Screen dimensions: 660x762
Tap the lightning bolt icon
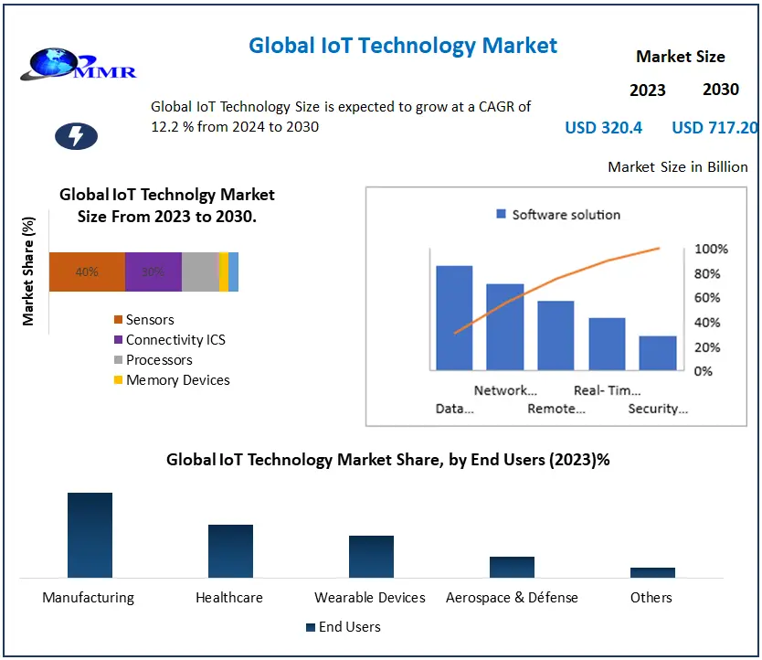77,136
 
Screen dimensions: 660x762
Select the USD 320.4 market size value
603,128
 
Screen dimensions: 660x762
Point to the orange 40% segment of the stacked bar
87,271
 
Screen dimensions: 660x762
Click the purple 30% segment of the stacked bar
153,271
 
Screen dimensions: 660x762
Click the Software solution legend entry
558,215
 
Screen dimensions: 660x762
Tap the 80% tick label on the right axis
708,274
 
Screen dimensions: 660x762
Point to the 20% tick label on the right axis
708,348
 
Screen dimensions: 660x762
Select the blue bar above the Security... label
658,353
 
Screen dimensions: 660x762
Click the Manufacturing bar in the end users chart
90,535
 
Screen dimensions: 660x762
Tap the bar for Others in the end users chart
652,572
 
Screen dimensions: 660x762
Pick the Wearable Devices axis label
370,598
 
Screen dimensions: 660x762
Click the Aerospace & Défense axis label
512,598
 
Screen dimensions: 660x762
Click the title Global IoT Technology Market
403,45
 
